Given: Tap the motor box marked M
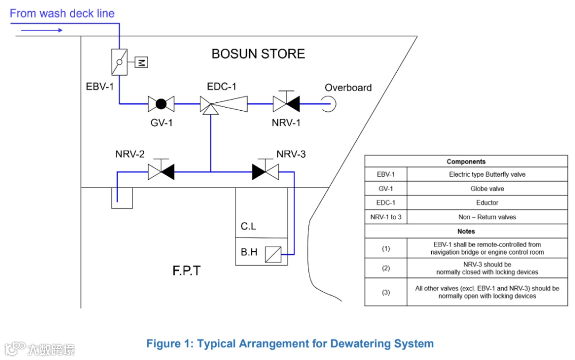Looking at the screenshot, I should click(141, 62).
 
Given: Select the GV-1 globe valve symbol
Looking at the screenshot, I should click(161, 104).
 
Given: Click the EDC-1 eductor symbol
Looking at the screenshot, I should click(224, 104).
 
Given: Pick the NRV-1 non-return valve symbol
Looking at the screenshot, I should click(286, 103).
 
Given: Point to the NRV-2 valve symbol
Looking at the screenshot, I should click(161, 171).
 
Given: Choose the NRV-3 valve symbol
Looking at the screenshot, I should click(265, 171).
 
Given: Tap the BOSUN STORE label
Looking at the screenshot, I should click(258, 54).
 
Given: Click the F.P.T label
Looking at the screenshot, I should click(186, 271).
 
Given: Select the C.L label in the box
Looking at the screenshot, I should click(248, 226).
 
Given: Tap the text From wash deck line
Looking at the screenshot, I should click(62, 13).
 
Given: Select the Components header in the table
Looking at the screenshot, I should click(466, 161).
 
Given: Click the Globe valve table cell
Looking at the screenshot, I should click(487, 189).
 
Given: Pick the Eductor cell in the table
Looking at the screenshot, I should click(487, 203).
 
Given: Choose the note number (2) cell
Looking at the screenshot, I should click(386, 268).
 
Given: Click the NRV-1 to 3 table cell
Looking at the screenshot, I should click(386, 217).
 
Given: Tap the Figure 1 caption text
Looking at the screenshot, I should click(290, 343).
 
